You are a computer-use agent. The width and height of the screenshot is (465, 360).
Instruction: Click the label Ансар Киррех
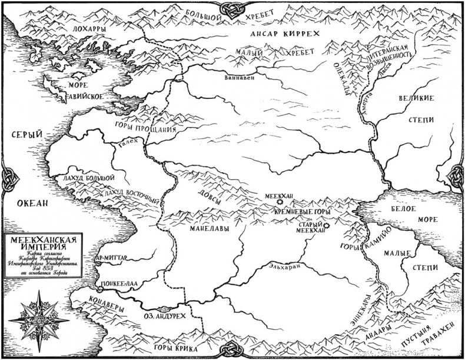click(x=284, y=35)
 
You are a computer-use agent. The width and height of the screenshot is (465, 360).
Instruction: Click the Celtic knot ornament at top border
click(x=228, y=9)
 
